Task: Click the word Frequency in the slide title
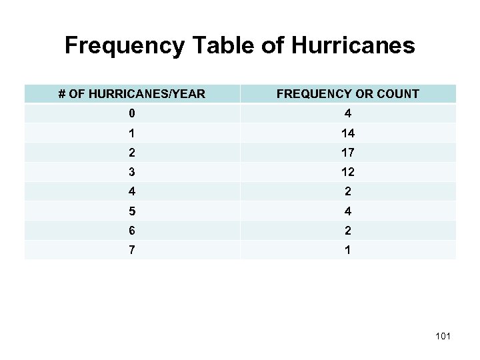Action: [x=118, y=45]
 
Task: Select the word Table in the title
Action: [x=207, y=45]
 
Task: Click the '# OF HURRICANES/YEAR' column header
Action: [x=132, y=94]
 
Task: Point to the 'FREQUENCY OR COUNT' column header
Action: [x=348, y=94]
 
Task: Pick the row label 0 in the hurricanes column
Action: [x=132, y=113]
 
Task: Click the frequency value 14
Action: [x=348, y=133]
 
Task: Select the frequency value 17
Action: [x=348, y=152]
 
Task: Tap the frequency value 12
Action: [x=348, y=171]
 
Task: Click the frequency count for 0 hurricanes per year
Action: [x=348, y=113]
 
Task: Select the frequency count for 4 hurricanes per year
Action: [x=348, y=191]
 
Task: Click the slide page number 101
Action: [x=442, y=336]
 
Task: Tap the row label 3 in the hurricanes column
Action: [x=132, y=171]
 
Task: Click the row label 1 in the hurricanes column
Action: [x=132, y=133]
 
